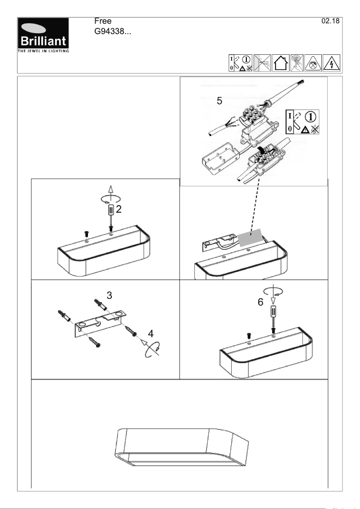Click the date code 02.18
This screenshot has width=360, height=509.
coord(331,22)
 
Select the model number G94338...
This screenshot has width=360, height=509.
coord(112,32)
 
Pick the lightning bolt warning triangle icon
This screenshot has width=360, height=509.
coord(331,62)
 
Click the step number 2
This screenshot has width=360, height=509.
coord(119,209)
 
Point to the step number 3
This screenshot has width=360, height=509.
coord(109,295)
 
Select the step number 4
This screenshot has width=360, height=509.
coord(150,333)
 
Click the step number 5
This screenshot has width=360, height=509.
coord(219,101)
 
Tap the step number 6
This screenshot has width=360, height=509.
coord(260,303)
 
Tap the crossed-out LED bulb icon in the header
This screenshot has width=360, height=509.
coord(298,62)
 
